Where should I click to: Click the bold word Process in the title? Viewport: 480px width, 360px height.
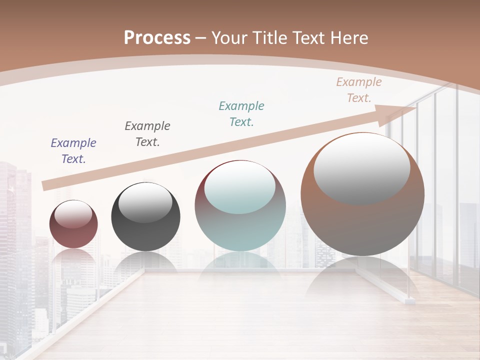coord(157,37)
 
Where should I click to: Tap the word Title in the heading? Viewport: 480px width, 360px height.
coord(268,38)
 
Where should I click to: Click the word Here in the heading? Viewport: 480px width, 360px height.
coord(348,38)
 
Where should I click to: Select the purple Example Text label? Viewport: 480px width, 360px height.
coord(73,150)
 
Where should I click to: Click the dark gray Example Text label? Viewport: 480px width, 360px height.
coord(147,133)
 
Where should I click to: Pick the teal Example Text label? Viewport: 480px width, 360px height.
coord(241,113)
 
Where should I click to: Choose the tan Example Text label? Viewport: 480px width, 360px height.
coord(359,90)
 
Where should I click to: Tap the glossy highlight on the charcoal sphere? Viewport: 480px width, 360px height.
coord(145,202)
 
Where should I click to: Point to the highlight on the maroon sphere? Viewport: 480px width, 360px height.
coord(73,214)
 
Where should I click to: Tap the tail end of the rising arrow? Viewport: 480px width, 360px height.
coord(46,185)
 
